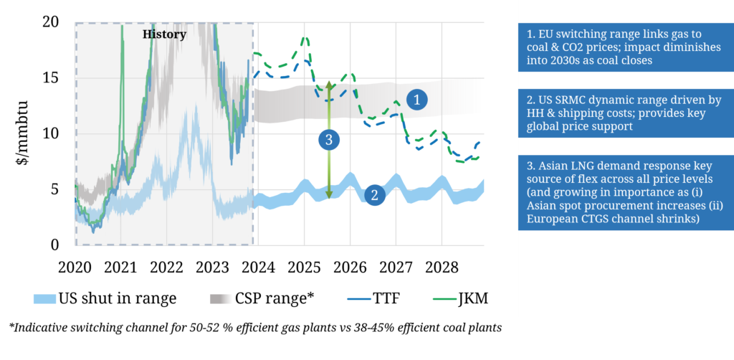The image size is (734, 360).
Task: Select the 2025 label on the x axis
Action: pyautogui.click(x=304, y=267)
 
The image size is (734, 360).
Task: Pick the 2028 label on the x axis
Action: pyautogui.click(x=442, y=267)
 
